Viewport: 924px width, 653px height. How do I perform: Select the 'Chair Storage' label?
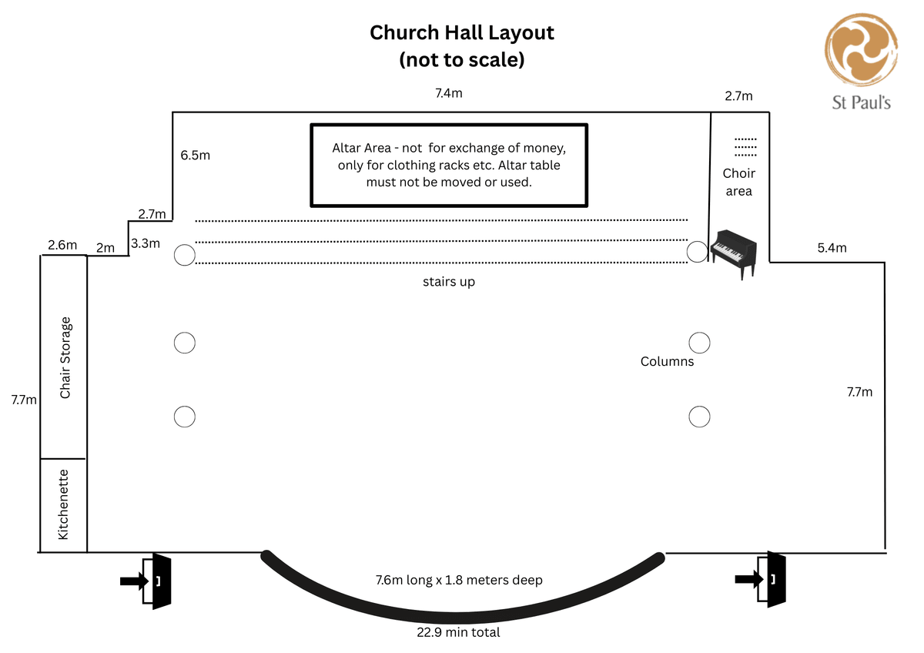65,357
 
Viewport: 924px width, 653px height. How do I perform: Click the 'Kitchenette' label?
63,504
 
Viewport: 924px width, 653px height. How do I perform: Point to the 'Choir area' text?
738,182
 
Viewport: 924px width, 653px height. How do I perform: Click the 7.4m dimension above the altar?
449,93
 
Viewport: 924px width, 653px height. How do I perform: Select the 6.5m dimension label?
196,155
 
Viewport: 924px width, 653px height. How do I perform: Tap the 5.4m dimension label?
832,248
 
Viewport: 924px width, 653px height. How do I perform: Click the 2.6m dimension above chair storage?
62,245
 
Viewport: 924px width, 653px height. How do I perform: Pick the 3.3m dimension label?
146,243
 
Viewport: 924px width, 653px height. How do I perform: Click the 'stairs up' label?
449,282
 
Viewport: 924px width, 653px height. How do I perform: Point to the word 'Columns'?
667,361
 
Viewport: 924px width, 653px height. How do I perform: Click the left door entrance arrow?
133,581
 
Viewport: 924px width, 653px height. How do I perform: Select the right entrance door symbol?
775,580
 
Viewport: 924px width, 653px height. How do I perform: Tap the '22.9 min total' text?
459,632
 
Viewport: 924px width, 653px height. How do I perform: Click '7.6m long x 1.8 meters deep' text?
459,580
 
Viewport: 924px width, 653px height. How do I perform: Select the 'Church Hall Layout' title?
462,33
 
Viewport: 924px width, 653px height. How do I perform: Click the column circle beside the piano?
697,251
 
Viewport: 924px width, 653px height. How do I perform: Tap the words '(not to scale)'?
462,59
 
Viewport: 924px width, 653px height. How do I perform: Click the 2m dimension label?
105,248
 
